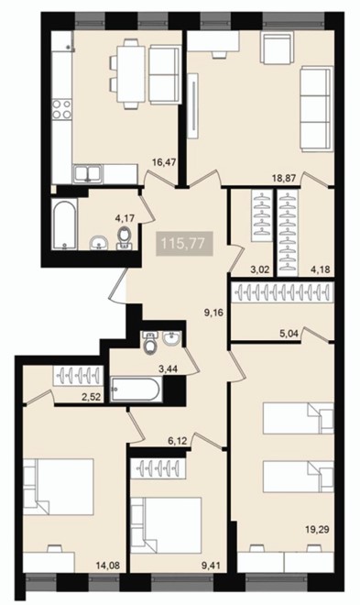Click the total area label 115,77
182,244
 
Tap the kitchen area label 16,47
164,162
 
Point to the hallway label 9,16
214,313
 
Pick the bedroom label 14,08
108,566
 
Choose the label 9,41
210,566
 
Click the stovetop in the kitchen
61,109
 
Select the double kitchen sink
88,173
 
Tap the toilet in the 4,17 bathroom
124,238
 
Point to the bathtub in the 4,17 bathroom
65,225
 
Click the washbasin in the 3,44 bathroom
171,337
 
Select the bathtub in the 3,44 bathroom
136,390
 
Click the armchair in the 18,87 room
278,48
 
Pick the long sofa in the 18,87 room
317,109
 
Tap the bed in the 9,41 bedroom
166,525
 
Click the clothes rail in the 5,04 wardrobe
282,292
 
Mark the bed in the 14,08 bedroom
59,487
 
